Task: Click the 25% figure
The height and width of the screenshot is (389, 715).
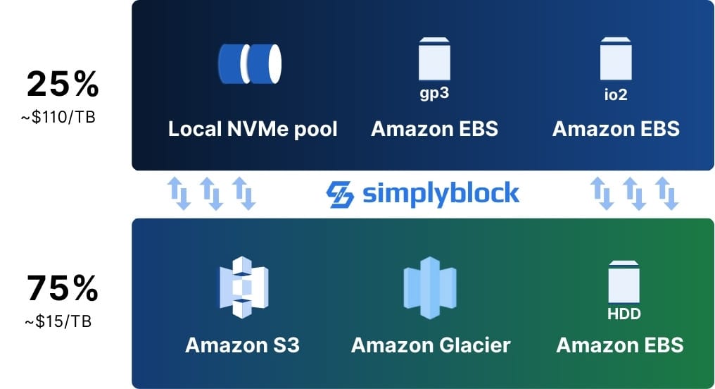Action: click(x=63, y=86)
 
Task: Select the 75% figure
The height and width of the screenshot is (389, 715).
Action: click(x=63, y=290)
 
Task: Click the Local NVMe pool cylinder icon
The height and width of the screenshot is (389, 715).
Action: click(x=249, y=61)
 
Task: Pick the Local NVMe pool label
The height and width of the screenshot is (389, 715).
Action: click(x=253, y=130)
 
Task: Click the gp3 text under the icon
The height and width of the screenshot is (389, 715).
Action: click(x=434, y=94)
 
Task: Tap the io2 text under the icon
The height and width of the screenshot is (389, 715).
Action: click(x=616, y=94)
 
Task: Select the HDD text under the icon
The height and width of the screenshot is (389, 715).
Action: click(x=624, y=314)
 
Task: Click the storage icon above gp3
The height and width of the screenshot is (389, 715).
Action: click(x=434, y=59)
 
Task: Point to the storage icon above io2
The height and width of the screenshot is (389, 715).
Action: click(x=616, y=59)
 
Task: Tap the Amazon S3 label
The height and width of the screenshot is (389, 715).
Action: click(x=242, y=345)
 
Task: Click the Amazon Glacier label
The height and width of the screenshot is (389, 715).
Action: click(x=431, y=345)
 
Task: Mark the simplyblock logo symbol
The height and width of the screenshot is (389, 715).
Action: click(x=341, y=194)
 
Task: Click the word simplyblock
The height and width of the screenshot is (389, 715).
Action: click(x=441, y=194)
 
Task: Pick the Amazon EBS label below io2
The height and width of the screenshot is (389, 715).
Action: click(x=616, y=130)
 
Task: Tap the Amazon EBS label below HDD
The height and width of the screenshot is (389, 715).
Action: click(x=620, y=345)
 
